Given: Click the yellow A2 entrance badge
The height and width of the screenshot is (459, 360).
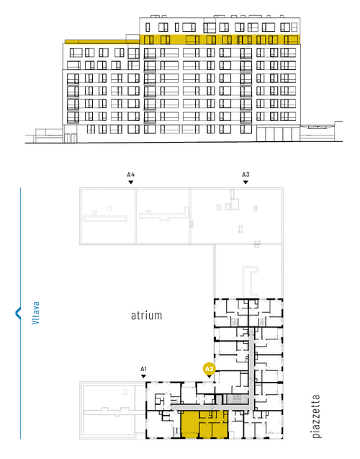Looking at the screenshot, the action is [209, 369].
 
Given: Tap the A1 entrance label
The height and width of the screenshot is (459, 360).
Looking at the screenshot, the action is [143, 369].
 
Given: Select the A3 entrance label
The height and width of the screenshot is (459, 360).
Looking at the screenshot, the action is [246, 175].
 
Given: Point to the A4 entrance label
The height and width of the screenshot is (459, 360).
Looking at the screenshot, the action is [131, 175].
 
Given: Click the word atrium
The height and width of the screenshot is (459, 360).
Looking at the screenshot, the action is [146, 316].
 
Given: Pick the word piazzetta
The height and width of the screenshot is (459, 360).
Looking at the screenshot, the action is [316, 416].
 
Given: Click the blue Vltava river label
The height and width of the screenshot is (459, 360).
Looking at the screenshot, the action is [35, 313].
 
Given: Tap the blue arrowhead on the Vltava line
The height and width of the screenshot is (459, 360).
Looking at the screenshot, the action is [18, 313].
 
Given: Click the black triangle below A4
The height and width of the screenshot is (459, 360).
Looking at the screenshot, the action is [131, 182].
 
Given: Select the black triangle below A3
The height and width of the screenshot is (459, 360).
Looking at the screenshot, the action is [246, 182].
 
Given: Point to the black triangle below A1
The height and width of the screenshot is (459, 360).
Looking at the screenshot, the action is [143, 376].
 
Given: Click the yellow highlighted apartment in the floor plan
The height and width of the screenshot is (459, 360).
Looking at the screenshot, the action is [204, 424].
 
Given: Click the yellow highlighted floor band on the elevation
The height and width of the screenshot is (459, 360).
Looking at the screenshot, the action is [220, 39].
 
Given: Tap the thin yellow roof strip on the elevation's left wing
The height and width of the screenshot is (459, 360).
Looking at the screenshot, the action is [102, 42].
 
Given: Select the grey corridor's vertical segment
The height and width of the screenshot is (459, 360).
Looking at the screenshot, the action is [251, 369].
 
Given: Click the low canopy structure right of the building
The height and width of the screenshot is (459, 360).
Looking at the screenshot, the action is [321, 131].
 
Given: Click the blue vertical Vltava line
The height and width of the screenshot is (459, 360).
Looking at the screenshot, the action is [20, 313].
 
